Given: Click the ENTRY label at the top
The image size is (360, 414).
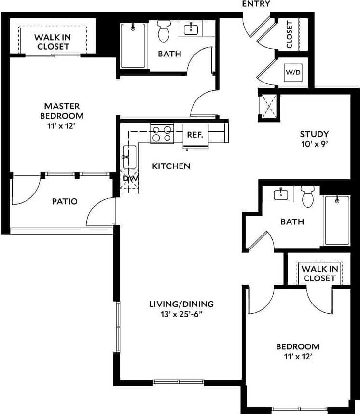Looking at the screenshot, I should (256, 4).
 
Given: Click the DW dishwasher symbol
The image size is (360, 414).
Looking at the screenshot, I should (129, 179).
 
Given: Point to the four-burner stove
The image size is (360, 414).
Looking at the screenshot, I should (162, 133).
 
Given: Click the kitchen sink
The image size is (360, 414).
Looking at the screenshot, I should (129, 156).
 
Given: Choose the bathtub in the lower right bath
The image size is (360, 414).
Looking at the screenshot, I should (336, 220).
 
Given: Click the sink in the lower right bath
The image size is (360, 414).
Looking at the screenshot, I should (281, 193).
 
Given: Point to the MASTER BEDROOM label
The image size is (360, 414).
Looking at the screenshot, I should (62, 110).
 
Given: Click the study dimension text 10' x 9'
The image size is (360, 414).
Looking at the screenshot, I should (314, 144).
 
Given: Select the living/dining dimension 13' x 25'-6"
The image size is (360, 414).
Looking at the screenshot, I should (181, 314).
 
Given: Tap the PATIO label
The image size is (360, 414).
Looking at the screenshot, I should (65, 201).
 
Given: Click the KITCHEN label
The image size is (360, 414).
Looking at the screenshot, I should (171, 166).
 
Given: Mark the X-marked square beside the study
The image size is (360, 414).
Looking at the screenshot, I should (269, 105).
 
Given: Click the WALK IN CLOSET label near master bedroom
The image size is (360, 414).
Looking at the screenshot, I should (53, 42).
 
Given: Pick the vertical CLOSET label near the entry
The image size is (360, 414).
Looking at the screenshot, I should (289, 34).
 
